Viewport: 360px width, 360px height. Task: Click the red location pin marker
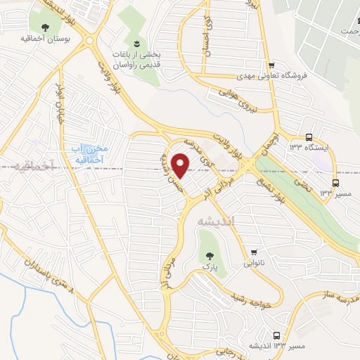coord(181,165)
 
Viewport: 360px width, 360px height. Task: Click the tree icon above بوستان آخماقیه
coord(45,27)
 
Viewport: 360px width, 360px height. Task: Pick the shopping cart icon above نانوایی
coord(254,252)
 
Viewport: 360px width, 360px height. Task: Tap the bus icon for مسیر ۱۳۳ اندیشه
coord(276,336)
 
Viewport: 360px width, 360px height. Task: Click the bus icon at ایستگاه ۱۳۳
coord(310,137)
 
